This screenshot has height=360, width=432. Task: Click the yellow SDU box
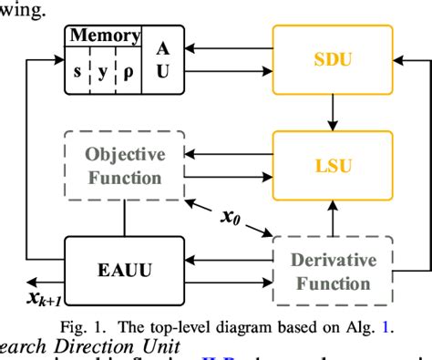click(334, 62)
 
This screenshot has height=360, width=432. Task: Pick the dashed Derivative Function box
click(334, 271)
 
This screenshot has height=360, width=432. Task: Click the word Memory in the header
click(105, 36)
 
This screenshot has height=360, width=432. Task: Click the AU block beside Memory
click(162, 61)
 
